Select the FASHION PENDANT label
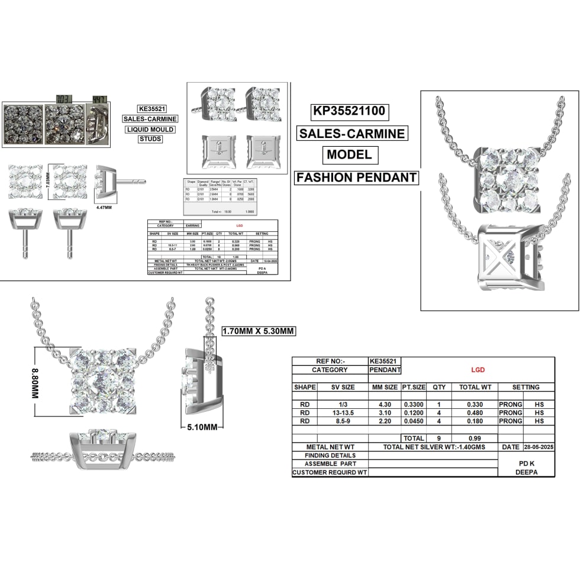pyautogui.click(x=356, y=178)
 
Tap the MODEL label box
pyautogui.click(x=351, y=155)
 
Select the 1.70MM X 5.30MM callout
pyautogui.click(x=258, y=331)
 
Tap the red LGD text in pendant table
pyautogui.click(x=478, y=370)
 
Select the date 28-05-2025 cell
pyautogui.click(x=538, y=447)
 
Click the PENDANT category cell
pyautogui.click(x=385, y=370)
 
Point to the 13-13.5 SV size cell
pyautogui.click(x=343, y=412)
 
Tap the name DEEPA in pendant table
pyautogui.click(x=527, y=473)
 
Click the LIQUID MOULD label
pyautogui.click(x=150, y=130)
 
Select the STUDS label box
pyautogui.click(x=150, y=140)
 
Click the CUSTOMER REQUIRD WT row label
pyautogui.click(x=330, y=473)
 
